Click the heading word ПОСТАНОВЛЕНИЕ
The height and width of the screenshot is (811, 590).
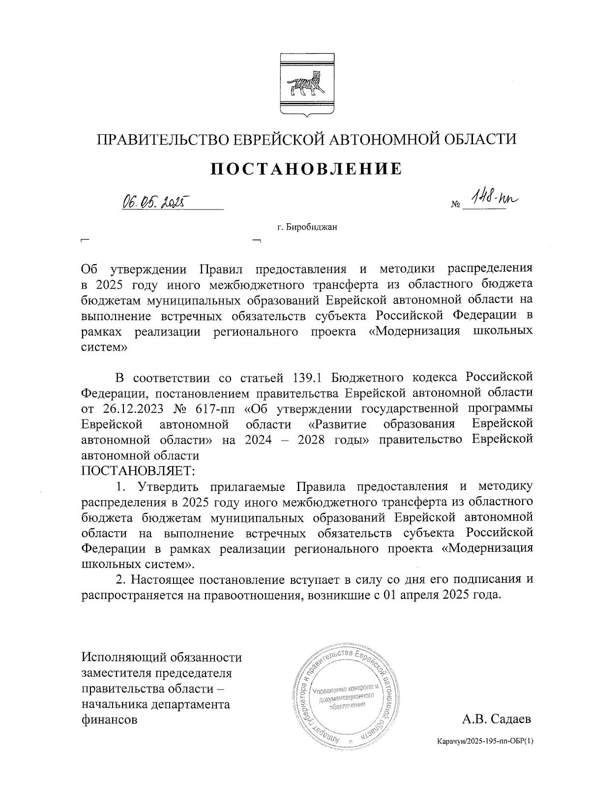click(306, 169)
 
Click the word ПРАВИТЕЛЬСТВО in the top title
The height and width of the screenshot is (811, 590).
click(162, 139)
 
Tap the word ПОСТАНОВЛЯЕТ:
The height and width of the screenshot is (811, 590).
click(138, 471)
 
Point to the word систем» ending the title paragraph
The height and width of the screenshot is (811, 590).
click(104, 347)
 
